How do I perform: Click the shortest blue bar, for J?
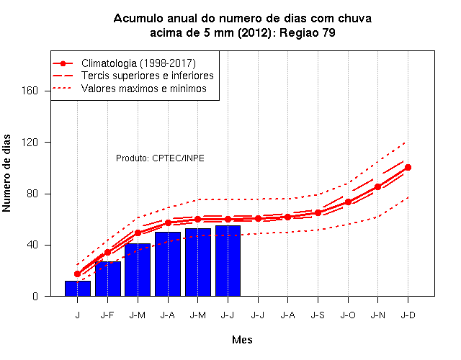tap(78, 288)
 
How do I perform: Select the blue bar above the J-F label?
tap(108, 279)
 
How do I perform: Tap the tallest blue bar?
tap(228, 261)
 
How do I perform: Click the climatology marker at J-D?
tap(408, 168)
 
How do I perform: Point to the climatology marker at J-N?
tap(377, 187)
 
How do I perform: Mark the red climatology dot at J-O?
tap(348, 202)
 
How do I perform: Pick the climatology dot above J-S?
tap(318, 213)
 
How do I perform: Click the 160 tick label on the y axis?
tap(30, 91)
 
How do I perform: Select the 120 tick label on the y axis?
tap(30, 143)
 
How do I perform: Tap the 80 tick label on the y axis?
tap(32, 194)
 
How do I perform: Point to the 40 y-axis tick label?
tap(32, 245)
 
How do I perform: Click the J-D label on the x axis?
tap(408, 315)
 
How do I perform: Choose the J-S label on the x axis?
tap(318, 315)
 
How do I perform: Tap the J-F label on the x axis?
tap(107, 315)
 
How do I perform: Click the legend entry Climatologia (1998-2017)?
tap(138, 63)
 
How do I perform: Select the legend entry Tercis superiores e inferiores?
tap(147, 76)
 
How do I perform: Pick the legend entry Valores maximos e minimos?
tap(144, 89)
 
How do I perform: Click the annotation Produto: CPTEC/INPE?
tap(160, 158)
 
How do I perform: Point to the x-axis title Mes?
tap(242, 340)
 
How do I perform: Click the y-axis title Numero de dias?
tap(6, 173)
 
